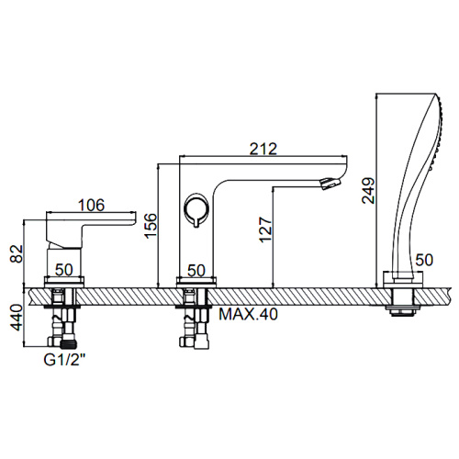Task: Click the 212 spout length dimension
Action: click(263, 149)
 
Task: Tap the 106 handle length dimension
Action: click(92, 205)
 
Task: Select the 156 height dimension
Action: click(151, 226)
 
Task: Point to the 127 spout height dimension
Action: click(265, 229)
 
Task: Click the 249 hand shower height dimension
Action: click(368, 190)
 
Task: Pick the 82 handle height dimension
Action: click(17, 253)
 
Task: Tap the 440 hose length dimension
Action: click(17, 318)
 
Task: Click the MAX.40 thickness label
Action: click(249, 314)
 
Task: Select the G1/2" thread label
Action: click(64, 360)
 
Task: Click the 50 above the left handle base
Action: click(64, 270)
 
